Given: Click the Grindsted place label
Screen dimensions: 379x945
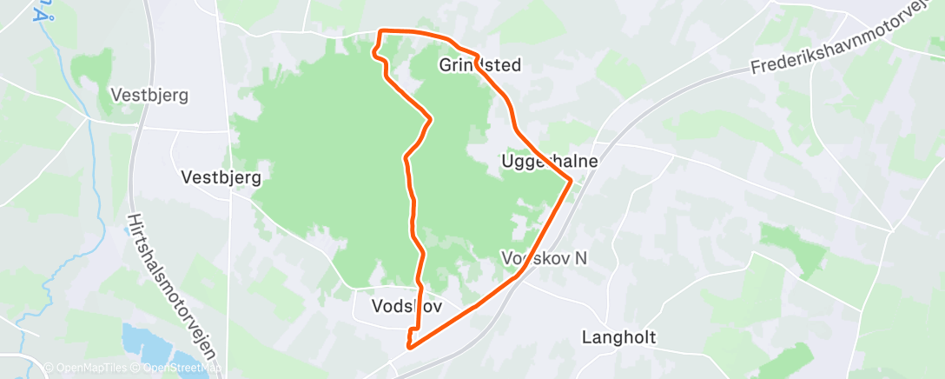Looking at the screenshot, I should point(473,65).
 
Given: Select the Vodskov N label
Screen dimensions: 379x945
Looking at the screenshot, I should point(539,259).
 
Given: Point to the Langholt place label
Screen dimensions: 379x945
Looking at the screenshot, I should point(619,337).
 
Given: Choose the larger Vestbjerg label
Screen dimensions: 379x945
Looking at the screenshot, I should point(221,176).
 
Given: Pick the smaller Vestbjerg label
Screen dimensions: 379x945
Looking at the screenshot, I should point(149,95).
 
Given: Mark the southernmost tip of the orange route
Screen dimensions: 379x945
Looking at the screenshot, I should point(408,348).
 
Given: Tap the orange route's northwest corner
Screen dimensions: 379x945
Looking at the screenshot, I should point(379,33).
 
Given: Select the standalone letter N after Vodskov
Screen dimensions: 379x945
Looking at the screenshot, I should point(570,259).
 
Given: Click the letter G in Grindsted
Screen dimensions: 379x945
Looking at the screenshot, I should point(446,65).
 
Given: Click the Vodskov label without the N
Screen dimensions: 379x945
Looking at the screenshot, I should point(406,306).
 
